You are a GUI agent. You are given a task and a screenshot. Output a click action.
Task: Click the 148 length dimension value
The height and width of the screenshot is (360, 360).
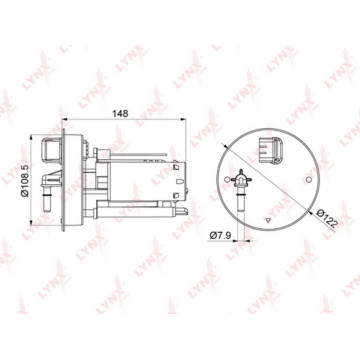pyautogui.click(x=120, y=113)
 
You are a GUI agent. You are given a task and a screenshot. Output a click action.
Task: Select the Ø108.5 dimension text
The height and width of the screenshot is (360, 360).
pyautogui.click(x=25, y=180)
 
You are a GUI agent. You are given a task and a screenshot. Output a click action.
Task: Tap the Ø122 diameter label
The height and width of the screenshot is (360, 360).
pyautogui.click(x=327, y=218)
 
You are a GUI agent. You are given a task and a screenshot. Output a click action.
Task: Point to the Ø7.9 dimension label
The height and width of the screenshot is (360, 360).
pyautogui.click(x=220, y=236)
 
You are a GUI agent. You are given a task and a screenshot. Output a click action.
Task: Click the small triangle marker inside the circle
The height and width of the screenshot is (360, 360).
pyautogui.click(x=267, y=220)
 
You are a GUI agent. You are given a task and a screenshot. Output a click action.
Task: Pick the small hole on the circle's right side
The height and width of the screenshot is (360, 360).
pyautogui.click(x=309, y=180)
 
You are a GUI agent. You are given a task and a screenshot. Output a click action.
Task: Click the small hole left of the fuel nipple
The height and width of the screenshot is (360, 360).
pyautogui.click(x=227, y=180)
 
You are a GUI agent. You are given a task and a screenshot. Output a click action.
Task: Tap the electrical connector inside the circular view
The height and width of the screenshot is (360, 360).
pyautogui.click(x=271, y=150)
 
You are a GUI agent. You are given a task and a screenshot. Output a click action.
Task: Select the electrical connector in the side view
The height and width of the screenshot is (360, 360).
pyautogui.click(x=51, y=150)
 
